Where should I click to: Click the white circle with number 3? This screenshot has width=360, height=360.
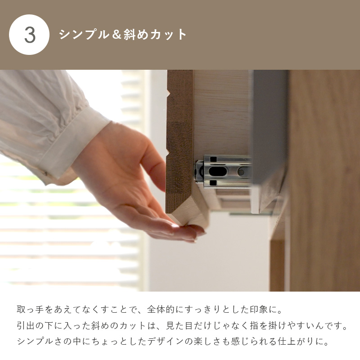[x=29, y=35]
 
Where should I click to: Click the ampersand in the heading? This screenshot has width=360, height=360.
[x=117, y=35]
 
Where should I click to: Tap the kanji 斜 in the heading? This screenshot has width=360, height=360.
[x=130, y=35]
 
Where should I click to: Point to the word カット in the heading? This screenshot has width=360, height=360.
[x=168, y=35]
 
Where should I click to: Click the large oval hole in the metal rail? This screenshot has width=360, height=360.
[x=218, y=171]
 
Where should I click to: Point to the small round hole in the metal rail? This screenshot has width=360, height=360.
[x=241, y=172]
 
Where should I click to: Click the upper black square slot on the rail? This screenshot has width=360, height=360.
[x=213, y=159]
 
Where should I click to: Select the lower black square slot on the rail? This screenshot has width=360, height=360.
[x=213, y=183]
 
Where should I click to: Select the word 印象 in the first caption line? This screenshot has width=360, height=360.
[x=259, y=309]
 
